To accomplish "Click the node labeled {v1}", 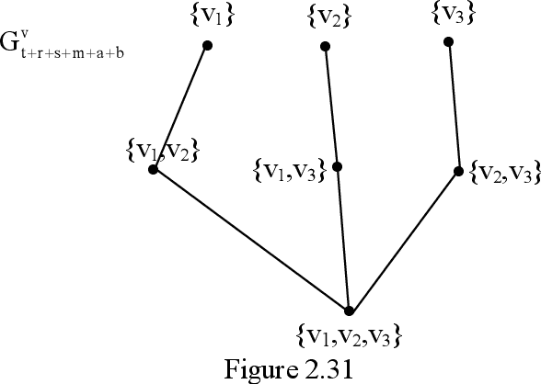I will [207, 45].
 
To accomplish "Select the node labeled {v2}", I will [325, 45].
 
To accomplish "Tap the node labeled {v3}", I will [448, 41].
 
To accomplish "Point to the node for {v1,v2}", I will [154, 169].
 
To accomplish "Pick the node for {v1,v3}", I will [338, 167].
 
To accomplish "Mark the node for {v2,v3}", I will [459, 170].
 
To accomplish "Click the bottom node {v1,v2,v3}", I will [349, 311].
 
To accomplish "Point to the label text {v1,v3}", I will [289, 170].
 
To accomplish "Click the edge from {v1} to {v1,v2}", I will [180, 107].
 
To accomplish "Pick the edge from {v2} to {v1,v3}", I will [331, 106].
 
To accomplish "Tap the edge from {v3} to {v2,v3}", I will [454, 106].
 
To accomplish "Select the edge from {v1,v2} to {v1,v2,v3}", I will [251, 241].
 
